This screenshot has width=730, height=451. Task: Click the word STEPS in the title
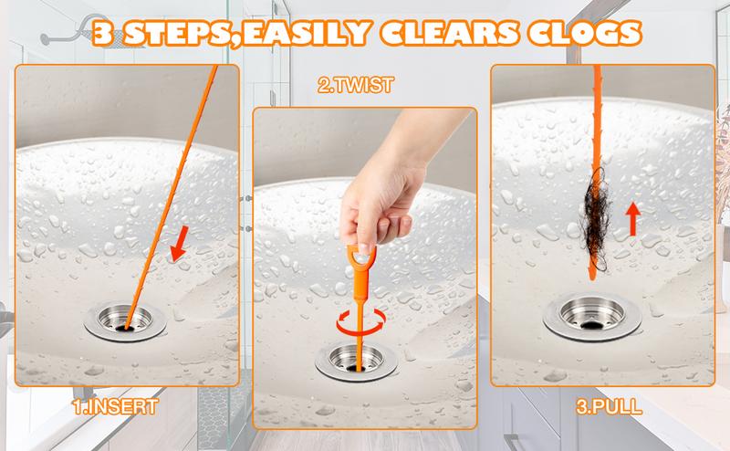177,33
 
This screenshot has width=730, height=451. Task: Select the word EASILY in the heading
306,33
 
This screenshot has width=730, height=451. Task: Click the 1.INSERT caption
116,407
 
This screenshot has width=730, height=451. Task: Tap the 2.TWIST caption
356,85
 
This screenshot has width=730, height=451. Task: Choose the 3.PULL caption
609,407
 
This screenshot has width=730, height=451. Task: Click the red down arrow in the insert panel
180,243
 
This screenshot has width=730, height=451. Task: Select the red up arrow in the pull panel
632,219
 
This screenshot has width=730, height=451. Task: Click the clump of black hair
596,219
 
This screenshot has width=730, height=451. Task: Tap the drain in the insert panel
125,321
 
